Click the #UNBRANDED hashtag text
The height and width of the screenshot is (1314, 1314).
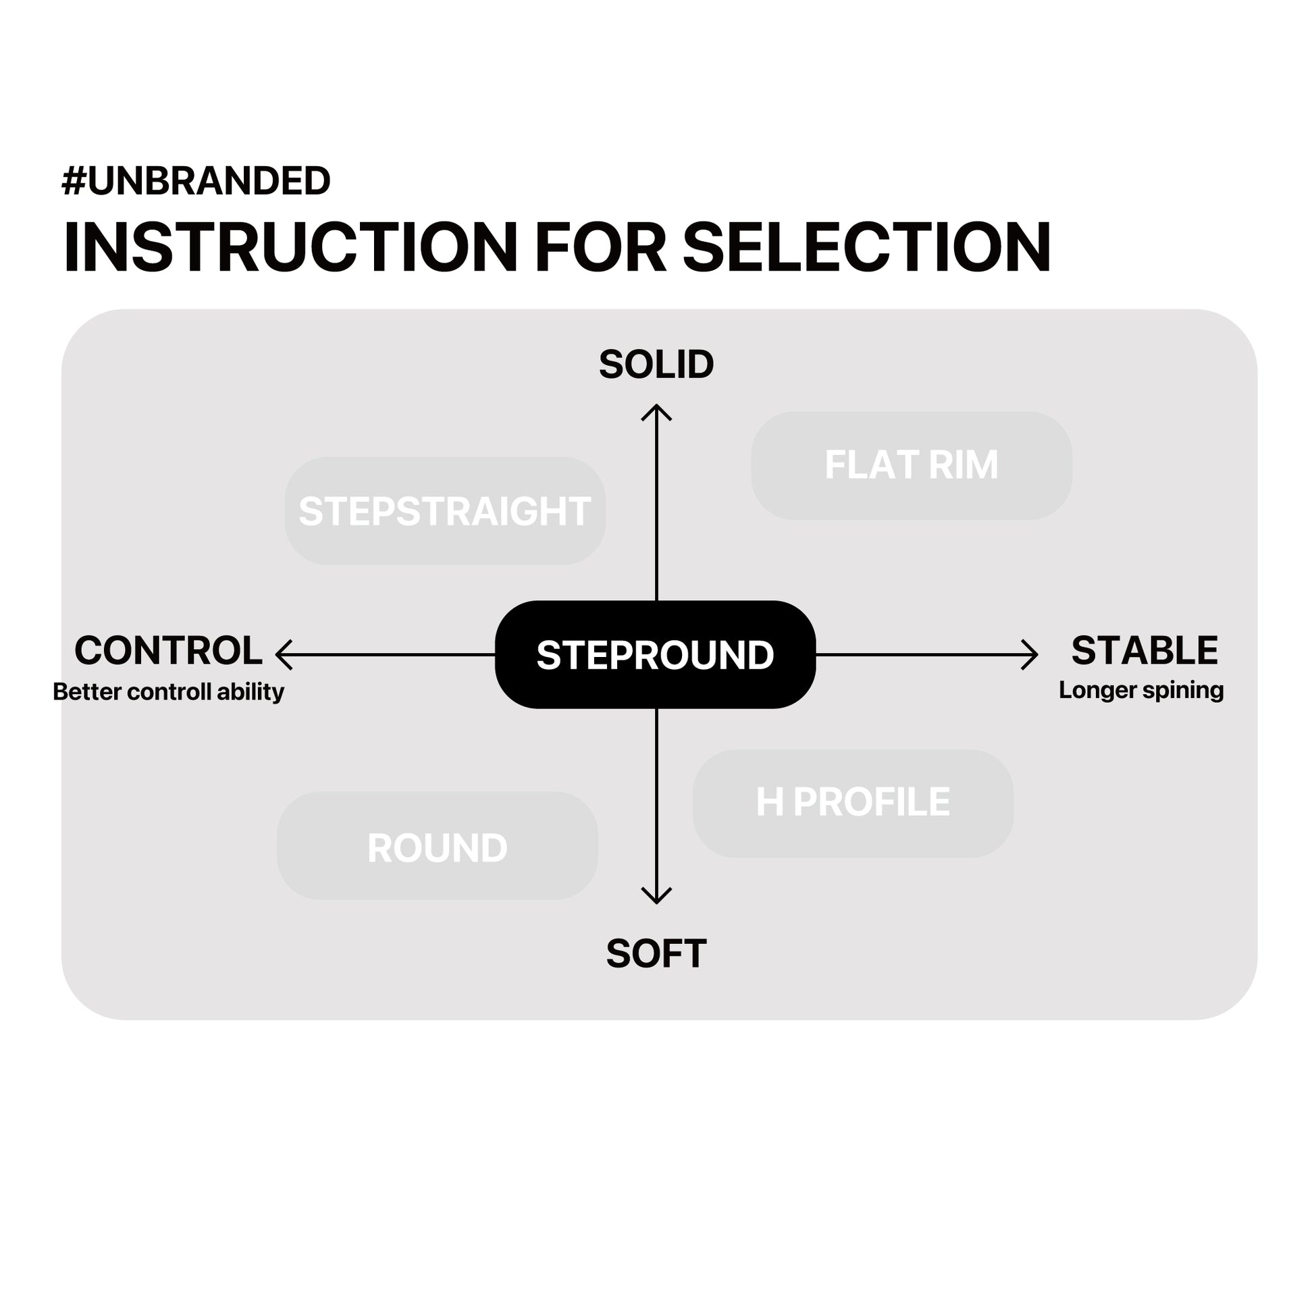click(x=196, y=181)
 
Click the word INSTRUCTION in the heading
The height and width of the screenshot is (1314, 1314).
click(x=290, y=248)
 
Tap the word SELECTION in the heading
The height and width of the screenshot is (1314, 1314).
click(x=866, y=248)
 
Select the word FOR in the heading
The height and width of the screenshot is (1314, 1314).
click(x=600, y=248)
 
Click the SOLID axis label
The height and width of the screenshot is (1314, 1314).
click(x=656, y=365)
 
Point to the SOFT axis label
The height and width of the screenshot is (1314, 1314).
click(x=656, y=954)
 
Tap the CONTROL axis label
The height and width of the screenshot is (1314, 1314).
click(x=168, y=650)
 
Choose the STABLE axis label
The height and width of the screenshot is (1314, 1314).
click(x=1145, y=650)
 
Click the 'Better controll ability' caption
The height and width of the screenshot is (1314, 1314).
click(x=168, y=691)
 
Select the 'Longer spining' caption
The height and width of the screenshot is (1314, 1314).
click(x=1141, y=690)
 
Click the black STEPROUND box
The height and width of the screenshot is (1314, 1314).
click(x=655, y=655)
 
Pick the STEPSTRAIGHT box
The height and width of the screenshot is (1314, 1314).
click(x=445, y=510)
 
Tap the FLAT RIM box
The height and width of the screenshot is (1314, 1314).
click(x=912, y=465)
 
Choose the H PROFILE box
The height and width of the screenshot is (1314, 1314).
click(x=853, y=803)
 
